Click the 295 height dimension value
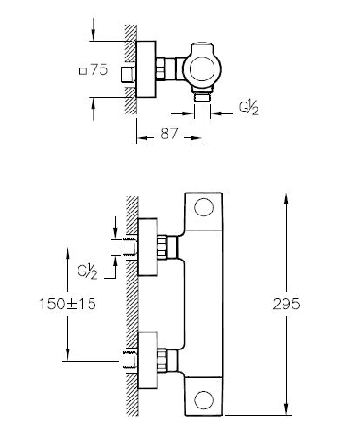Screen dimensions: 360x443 tap(286, 304)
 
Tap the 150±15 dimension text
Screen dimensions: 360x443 tap(67, 304)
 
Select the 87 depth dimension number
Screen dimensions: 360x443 tap(169, 133)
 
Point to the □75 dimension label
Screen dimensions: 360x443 tap(94, 70)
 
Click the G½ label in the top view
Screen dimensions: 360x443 tap(249, 109)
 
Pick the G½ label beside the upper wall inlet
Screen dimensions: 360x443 tap(88, 271)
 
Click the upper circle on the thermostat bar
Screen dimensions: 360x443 tap(203, 207)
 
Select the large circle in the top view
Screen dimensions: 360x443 tap(202, 70)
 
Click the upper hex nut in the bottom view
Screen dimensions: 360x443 tap(162, 247)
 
